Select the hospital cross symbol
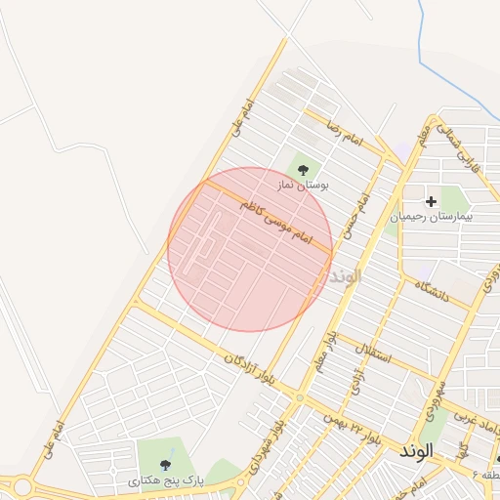[x=431, y=200]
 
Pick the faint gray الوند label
[x=347, y=275]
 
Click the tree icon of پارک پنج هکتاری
[x=163, y=465]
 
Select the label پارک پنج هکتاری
[x=161, y=480]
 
